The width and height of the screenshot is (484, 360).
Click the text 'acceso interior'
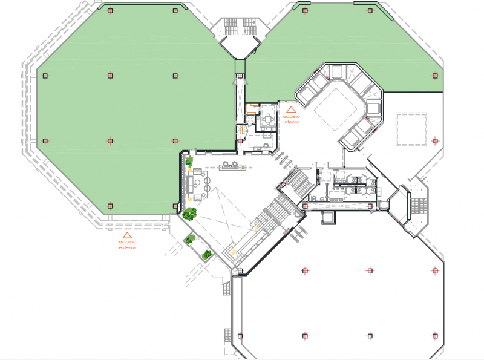click(292, 119)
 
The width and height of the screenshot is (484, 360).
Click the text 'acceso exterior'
click(128, 244)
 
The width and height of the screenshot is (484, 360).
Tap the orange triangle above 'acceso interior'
click(291, 110)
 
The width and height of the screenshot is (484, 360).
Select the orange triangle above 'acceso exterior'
click(127, 235)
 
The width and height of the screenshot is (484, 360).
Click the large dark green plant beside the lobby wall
click(189, 214)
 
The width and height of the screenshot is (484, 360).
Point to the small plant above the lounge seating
click(189, 161)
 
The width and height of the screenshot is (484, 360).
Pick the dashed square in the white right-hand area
click(411, 129)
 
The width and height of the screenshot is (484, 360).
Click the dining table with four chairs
click(269, 119)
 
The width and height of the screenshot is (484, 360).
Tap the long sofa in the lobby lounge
click(190, 184)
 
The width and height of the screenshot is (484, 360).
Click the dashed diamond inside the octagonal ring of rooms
click(335, 109)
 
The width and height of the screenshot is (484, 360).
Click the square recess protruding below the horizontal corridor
click(329, 218)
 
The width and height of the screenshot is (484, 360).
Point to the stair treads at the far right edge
click(419, 206)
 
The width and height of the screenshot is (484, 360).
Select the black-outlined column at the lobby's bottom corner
click(240, 271)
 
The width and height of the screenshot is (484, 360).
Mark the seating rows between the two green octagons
click(240, 26)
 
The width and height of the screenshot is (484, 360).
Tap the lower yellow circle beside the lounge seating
click(189, 200)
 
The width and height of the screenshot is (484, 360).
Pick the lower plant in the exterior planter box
click(207, 255)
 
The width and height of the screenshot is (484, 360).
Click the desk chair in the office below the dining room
click(266, 145)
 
